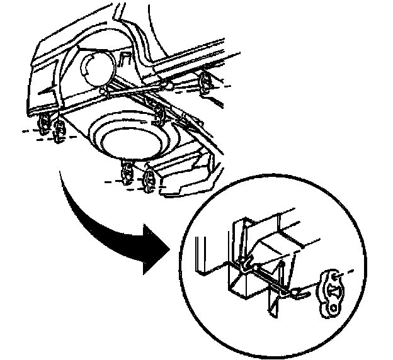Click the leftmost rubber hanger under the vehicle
(x=45, y=122)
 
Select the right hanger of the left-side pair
(x=60, y=132)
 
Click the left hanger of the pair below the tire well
(x=127, y=171)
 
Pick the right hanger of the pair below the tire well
(x=150, y=180)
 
